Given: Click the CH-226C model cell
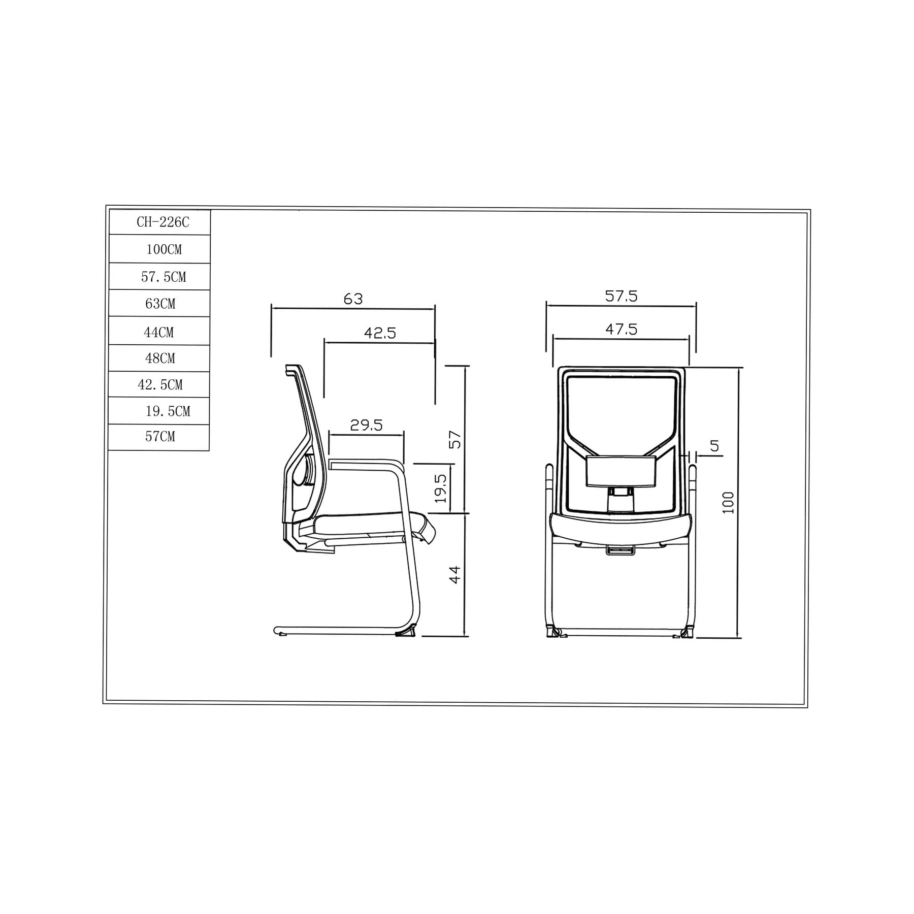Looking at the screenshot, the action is coord(160,222).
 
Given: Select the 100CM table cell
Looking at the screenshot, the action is coord(160,249).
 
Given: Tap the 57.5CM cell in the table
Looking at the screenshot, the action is coord(159,277).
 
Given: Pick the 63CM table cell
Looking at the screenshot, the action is coord(159,304).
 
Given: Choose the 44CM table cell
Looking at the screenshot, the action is coord(159,331).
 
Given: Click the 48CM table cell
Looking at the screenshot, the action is coord(159,358).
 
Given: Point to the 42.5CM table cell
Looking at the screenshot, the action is coord(159,385).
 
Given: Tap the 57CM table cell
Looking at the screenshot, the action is coord(159,437).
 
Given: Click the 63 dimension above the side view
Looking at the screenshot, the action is coord(353,299).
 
